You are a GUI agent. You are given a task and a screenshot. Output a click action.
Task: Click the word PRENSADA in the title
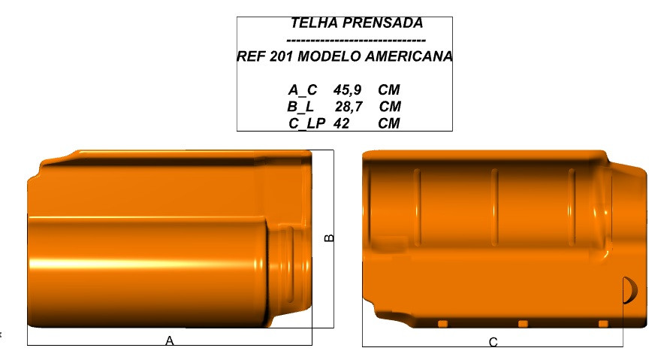point(383,23)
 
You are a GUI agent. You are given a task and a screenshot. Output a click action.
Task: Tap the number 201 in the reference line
point(281,56)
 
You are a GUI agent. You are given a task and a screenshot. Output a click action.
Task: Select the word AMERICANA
point(409,56)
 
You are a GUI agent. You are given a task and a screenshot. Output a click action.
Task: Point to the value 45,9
point(348,90)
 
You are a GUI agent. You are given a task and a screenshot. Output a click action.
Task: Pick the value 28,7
point(349,107)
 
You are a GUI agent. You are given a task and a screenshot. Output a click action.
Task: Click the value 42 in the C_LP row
point(342,123)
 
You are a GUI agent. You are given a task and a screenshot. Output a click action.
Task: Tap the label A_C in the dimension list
point(303,90)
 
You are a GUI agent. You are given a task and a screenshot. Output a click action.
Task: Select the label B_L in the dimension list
point(300,107)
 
